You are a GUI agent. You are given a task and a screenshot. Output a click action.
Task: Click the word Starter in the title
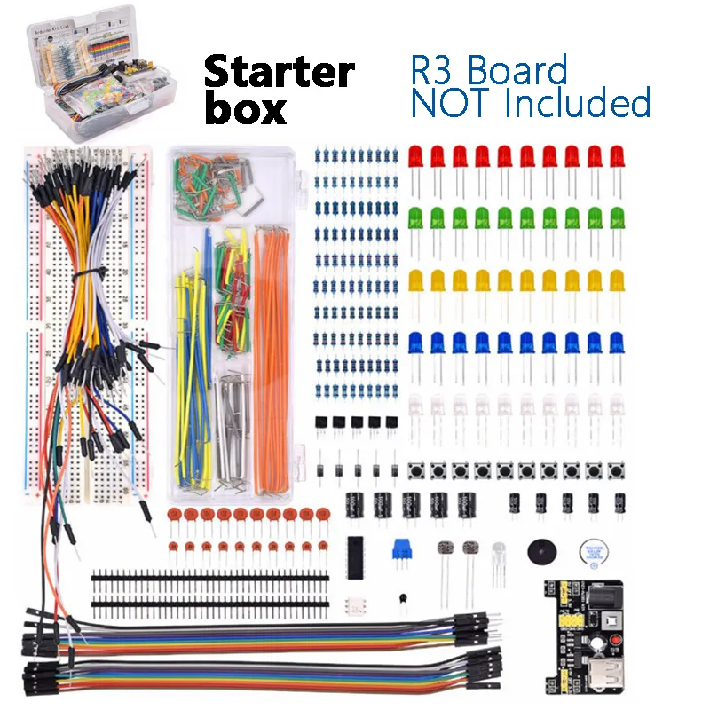[x=280, y=72]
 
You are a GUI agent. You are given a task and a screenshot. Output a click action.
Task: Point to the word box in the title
[x=246, y=109]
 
